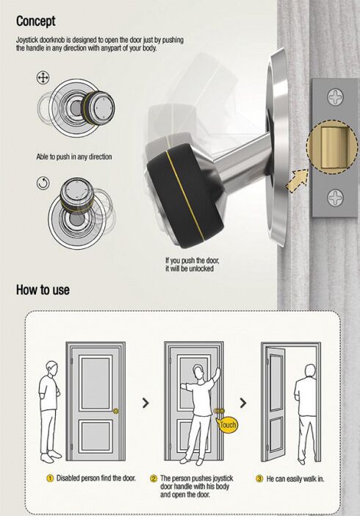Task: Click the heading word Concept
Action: [36, 21]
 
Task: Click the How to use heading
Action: [43, 290]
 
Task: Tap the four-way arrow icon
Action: [43, 78]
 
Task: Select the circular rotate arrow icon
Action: [43, 183]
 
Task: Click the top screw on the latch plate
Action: [335, 97]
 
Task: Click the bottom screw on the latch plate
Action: [335, 198]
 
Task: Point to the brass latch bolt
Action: [333, 147]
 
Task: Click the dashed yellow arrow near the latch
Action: [297, 181]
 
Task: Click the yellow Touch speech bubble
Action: [228, 425]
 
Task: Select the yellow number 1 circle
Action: [50, 479]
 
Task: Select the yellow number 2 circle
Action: [154, 479]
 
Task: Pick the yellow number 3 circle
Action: [259, 479]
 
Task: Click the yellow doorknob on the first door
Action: [115, 411]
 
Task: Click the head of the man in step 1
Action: [52, 368]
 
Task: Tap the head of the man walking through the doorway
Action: [310, 370]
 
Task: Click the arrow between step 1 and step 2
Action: [145, 403]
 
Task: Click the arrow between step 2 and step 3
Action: [243, 403]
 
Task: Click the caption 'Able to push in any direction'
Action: [74, 157]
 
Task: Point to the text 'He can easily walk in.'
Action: [295, 479]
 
